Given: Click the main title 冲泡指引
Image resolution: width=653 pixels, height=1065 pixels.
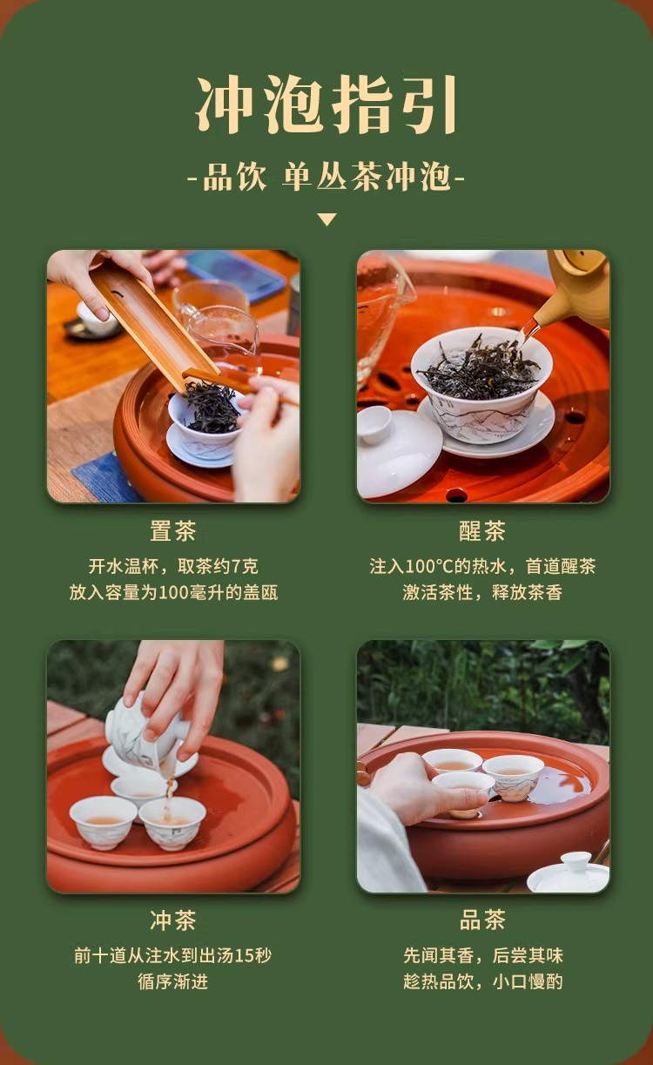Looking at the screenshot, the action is [326, 104].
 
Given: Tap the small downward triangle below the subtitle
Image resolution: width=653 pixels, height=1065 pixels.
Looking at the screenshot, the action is [327, 219].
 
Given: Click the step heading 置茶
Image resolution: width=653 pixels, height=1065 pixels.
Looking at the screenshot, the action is [173, 530].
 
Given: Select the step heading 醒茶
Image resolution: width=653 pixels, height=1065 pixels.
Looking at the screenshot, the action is [482, 530].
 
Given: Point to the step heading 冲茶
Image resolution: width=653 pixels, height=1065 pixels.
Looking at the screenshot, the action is [173, 920].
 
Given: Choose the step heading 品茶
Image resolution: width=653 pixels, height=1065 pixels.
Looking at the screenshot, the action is [482, 920].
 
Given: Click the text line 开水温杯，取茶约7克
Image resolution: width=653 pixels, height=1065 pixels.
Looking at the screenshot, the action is [173, 566].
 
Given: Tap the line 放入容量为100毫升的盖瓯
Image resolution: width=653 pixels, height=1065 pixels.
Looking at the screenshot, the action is [173, 592].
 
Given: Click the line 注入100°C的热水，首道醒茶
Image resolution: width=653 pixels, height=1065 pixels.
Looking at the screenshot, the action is [482, 566].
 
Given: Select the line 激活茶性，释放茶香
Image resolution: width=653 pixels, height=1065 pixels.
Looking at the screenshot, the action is [482, 592].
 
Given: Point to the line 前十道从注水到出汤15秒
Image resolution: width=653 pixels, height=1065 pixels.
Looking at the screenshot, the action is [173, 955].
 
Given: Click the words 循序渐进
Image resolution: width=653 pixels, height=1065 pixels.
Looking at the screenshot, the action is [173, 981].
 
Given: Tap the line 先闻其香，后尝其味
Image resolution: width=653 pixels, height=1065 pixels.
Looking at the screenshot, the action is [483, 955].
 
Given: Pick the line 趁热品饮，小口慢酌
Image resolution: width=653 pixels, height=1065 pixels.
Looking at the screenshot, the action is [483, 981].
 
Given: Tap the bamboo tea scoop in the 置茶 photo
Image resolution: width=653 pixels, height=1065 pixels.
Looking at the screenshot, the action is [157, 323].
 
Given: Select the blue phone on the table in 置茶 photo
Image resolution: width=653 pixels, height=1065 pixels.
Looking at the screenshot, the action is [232, 275].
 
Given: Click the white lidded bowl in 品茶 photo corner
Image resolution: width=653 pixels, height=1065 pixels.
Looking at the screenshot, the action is [569, 872].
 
